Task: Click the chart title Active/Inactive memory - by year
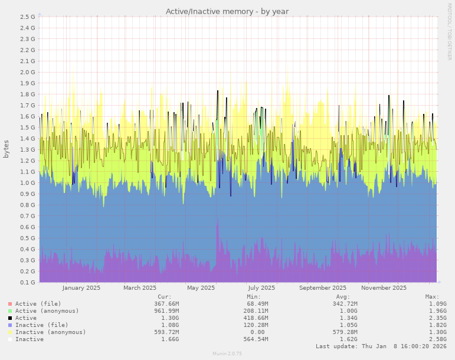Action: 227,11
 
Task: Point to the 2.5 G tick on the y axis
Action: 28,17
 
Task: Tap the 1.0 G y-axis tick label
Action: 28,183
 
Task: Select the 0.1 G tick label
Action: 28,283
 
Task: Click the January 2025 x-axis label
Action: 81,288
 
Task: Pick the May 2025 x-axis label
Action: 201,288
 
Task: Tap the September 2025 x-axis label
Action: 323,288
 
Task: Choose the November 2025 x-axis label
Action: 384,288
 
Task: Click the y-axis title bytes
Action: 6,149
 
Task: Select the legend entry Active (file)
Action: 39,303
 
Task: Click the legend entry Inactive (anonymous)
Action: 50,332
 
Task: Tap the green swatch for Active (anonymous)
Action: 10,310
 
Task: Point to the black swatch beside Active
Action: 10,318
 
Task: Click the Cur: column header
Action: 165,296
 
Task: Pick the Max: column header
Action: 432,296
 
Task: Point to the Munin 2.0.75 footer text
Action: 227,354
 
